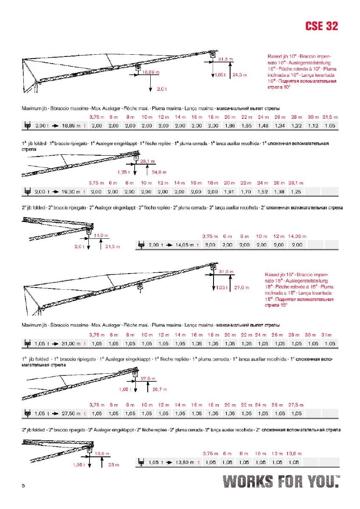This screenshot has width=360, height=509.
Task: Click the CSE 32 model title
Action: point(321,26)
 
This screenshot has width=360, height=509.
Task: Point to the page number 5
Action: point(23,485)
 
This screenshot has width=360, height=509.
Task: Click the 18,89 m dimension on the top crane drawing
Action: point(151,73)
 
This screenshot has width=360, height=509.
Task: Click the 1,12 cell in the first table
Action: point(313,126)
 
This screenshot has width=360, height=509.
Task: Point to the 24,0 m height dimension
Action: point(159,172)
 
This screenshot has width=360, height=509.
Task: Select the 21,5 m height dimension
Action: point(113,246)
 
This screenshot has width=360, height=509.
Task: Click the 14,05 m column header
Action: point(297,236)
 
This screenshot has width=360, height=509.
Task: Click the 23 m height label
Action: point(113,465)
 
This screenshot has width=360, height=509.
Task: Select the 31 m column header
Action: point(330,336)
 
